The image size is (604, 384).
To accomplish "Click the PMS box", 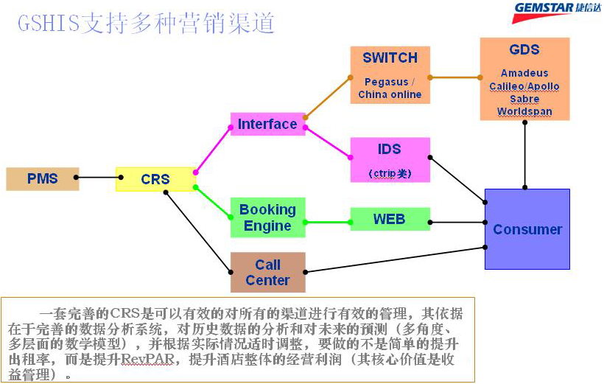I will pyautogui.click(x=42, y=179).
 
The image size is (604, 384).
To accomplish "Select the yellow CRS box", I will pyautogui.click(x=155, y=179).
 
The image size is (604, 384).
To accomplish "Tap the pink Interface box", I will pyautogui.click(x=267, y=124).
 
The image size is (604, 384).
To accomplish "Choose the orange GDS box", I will pyautogui.click(x=524, y=80).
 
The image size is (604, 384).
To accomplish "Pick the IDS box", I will pyautogui.click(x=390, y=159).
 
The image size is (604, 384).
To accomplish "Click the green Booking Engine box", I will pyautogui.click(x=267, y=217).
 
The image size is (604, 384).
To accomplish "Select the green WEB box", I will pyautogui.click(x=390, y=219).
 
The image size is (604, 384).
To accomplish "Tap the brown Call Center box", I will pyautogui.click(x=267, y=272).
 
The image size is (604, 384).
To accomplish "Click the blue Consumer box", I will pyautogui.click(x=527, y=229).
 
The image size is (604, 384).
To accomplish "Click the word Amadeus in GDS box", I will pyautogui.click(x=524, y=74).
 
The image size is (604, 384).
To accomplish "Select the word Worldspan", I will pyautogui.click(x=524, y=112).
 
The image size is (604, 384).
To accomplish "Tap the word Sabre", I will pyautogui.click(x=524, y=99).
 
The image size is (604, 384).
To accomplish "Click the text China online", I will pyautogui.click(x=390, y=94).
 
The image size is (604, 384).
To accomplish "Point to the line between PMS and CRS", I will pyautogui.click(x=97, y=178).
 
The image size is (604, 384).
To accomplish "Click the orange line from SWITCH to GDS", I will pyautogui.click(x=454, y=77).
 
